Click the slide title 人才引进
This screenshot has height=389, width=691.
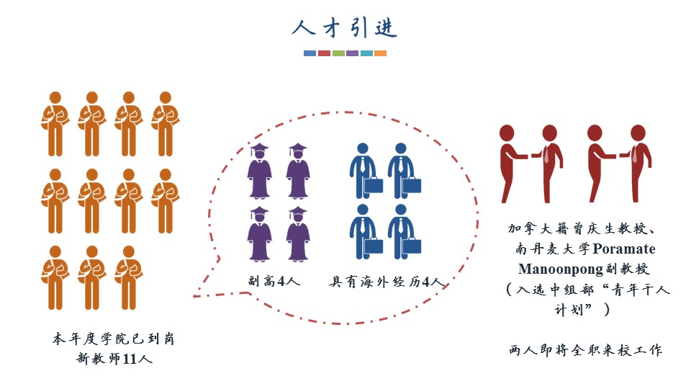tap(345, 28)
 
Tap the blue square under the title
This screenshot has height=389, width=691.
tap(310, 53)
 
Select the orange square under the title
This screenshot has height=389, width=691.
tap(380, 53)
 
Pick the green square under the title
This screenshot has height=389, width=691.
tap(338, 53)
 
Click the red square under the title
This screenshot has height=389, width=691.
tap(324, 53)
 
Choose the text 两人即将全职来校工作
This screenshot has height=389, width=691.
tap(584, 351)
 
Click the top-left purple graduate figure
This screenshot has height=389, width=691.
tap(259, 171)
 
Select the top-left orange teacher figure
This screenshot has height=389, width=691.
tap(53, 123)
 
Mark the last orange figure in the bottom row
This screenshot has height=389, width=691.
tap(129, 277)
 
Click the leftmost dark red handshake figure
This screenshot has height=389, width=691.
tap(510, 162)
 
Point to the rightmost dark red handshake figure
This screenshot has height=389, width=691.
tap(638, 162)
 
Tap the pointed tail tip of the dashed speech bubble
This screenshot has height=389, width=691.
tap(194, 295)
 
